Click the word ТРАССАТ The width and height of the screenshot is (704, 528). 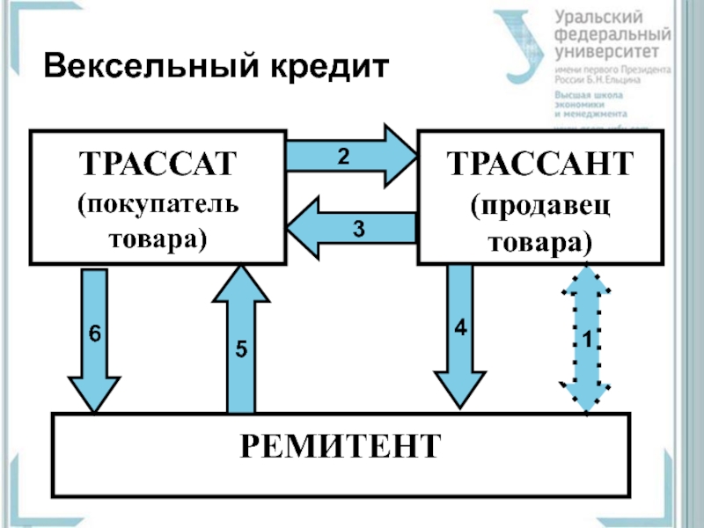pos(159,165)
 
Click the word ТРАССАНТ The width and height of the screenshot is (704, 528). pos(539,165)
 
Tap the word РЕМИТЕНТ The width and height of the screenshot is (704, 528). pos(341,445)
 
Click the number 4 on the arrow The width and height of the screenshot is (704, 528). pos(459,327)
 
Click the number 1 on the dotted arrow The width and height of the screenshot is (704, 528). pos(582,340)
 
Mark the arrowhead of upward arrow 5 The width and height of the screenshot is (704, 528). pos(240,285)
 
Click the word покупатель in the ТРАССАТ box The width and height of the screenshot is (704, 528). pos(159,206)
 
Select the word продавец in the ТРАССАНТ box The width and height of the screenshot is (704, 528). pos(539,208)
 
